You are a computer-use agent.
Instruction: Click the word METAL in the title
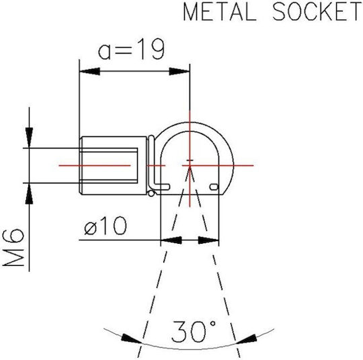220,11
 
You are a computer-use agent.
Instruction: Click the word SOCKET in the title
317,11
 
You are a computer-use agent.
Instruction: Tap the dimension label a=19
132,49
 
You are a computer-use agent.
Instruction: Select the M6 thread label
13,247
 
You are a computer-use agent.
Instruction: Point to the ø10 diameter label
106,226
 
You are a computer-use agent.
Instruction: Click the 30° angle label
194,331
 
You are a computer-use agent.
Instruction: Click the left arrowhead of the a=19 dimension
89,71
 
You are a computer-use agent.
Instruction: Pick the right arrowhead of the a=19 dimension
179,71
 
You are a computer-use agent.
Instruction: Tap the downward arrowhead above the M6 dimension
29,138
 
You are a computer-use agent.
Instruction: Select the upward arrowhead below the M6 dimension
29,193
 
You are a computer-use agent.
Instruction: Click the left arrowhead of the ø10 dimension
171,240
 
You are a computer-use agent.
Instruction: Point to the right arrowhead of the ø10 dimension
208,240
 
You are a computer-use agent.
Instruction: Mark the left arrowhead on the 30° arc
132,339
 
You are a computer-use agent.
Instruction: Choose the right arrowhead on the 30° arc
246,339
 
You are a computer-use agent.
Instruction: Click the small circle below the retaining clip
151,193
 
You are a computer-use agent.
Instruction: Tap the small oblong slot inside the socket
214,187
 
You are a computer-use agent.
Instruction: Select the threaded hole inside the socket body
109,166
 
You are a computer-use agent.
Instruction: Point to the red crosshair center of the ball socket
190,165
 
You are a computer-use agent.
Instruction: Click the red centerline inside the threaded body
95,165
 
